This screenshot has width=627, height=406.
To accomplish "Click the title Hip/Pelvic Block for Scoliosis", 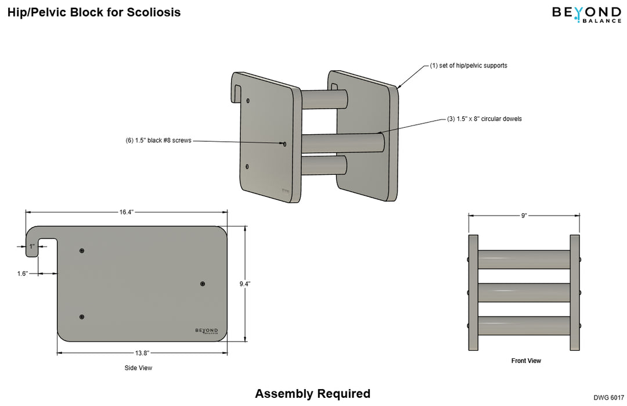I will (93, 12).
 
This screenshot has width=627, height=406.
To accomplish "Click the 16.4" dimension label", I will (127, 212).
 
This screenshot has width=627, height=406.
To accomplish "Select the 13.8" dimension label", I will (142, 353).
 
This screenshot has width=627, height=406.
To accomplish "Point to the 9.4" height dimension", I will (245, 284).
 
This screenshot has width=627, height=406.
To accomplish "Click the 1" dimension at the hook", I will (33, 247).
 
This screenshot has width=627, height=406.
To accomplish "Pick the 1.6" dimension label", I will (23, 273).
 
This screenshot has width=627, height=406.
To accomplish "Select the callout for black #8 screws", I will (158, 141).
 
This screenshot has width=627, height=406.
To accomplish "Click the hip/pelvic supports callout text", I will (469, 66).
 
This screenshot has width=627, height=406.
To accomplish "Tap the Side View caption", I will (138, 368).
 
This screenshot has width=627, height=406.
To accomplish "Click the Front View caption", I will (526, 361).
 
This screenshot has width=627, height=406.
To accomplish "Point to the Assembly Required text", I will (312, 393).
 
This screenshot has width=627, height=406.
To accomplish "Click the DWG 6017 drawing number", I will (608, 398).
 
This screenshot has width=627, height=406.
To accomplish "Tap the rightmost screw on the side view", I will (203, 283).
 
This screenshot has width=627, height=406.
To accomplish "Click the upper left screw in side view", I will (82, 250).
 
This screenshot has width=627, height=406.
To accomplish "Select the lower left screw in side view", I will (82, 317).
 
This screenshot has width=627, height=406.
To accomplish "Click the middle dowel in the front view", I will (524, 292).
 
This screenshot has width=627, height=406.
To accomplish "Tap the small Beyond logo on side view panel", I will (207, 331).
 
